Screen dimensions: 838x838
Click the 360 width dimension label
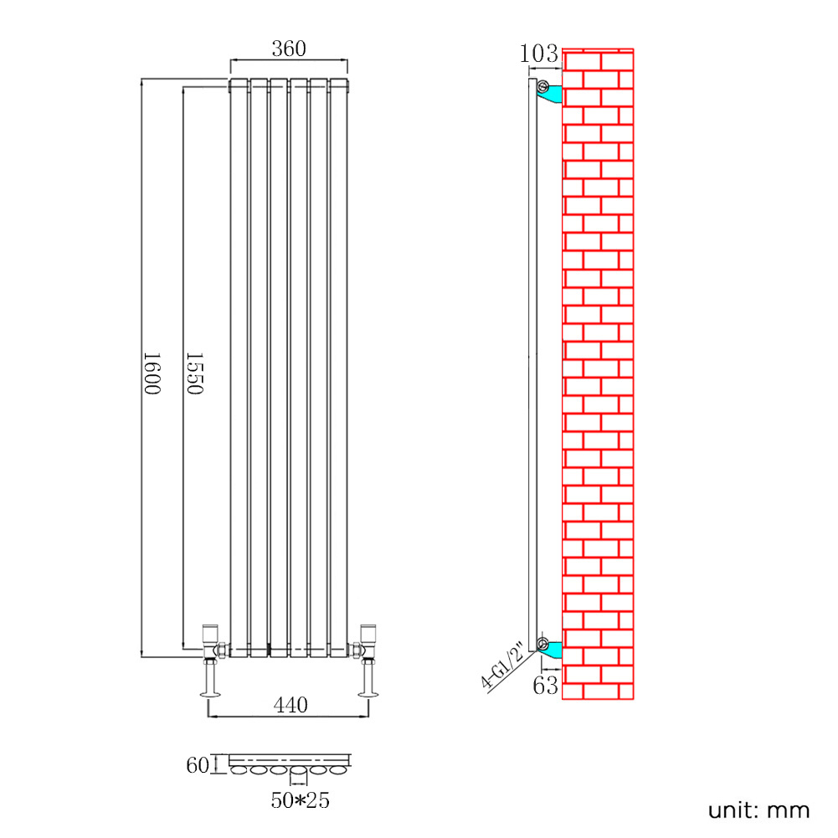(x=289, y=49)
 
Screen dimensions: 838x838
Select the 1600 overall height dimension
(x=151, y=374)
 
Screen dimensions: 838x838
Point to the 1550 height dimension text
(x=194, y=374)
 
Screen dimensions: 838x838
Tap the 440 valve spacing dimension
(x=290, y=706)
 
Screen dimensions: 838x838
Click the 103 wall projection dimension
(x=538, y=54)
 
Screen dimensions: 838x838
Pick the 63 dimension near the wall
(x=545, y=686)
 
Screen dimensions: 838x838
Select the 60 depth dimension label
(x=198, y=763)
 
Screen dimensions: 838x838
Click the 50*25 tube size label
(x=300, y=800)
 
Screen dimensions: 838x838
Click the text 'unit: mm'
(x=758, y=810)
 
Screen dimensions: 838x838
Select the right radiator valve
(x=366, y=641)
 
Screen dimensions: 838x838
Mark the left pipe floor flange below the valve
(x=210, y=691)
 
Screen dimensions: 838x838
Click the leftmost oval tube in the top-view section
(x=240, y=769)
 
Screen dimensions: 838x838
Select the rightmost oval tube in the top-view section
(x=338, y=769)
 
